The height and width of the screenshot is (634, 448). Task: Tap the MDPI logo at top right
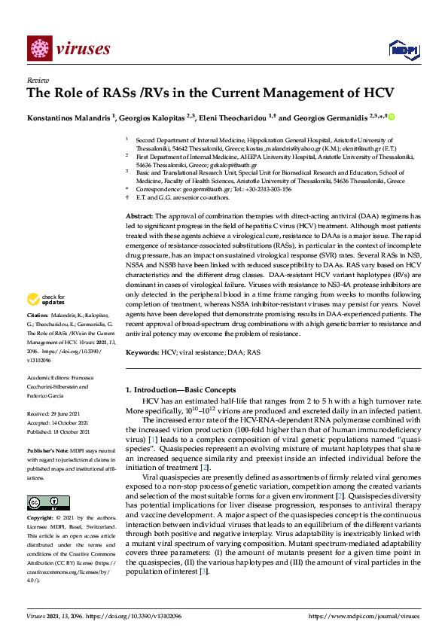point(401,50)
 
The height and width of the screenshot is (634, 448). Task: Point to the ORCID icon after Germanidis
point(392,117)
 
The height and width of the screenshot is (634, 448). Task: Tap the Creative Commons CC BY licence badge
point(39,502)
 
